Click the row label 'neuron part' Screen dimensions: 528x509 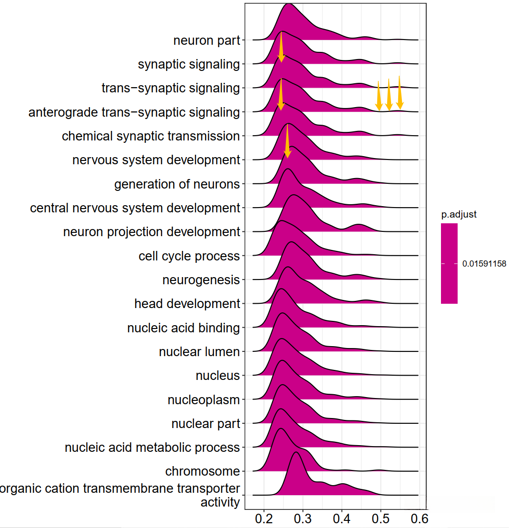tap(206, 40)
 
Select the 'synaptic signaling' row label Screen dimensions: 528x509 tap(188, 64)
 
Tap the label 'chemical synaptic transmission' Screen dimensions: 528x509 tap(151, 136)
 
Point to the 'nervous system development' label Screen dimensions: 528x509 tap(156, 160)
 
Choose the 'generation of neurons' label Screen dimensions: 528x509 tap(177, 184)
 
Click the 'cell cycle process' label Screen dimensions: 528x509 tap(189, 256)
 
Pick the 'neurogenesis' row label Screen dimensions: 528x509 tap(201, 280)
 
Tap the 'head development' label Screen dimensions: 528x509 tap(187, 304)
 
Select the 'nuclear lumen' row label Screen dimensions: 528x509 tap(199, 352)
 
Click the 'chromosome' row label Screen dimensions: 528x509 tap(202, 471)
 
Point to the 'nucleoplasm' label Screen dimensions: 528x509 tap(204, 400)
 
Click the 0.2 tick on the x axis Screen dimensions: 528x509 tap(264, 518)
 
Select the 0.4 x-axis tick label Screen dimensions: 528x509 tap(342, 518)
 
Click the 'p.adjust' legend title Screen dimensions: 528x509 tap(459, 215)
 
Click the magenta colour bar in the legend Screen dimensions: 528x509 tap(449, 263)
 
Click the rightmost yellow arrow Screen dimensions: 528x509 tap(400, 92)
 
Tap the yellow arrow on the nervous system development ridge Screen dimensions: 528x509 tap(287, 141)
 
